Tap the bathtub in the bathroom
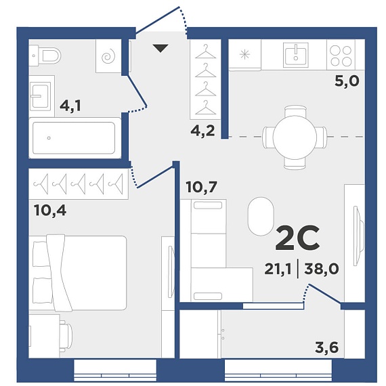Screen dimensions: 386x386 (74, 138)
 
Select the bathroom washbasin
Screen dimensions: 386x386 (41, 97)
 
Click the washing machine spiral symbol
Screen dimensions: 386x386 (108, 56)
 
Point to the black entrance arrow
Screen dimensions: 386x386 (160, 48)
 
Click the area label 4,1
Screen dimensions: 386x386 (70, 106)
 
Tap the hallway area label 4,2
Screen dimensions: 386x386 (203, 131)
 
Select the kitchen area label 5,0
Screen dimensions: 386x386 (347, 81)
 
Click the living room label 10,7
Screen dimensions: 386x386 (202, 187)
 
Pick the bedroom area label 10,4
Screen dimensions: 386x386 (50, 211)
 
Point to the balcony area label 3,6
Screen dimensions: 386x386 (327, 347)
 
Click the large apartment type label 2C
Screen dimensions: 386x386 (297, 238)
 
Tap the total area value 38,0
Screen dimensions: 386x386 (322, 269)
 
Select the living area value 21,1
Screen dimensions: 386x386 (278, 269)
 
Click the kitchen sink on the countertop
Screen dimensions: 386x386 (296, 55)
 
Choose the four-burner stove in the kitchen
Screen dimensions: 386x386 (341, 56)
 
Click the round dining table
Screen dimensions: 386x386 (295, 137)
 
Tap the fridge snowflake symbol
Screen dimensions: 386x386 (244, 54)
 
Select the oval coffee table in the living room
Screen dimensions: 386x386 (261, 217)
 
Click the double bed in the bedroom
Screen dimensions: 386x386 (78, 273)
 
